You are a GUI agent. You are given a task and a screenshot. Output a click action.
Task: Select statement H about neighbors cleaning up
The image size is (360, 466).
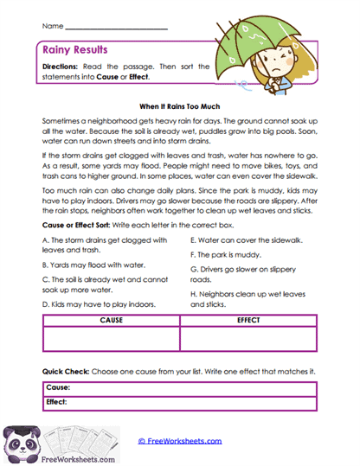251,299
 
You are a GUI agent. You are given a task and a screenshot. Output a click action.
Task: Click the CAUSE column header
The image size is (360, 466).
111,321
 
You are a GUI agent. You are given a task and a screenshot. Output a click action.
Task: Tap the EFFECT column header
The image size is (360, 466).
248,321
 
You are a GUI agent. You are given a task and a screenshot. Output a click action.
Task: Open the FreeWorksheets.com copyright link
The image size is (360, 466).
179,440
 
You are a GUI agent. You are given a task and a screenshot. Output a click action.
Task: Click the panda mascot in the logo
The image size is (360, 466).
18,441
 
